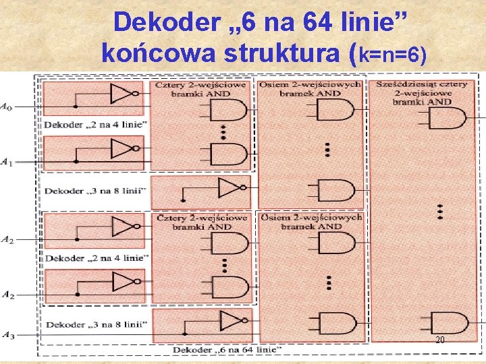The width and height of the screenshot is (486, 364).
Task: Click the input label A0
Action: pos(6,106)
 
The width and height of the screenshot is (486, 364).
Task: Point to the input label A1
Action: pos(6,161)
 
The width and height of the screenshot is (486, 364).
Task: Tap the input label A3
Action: pos(7,335)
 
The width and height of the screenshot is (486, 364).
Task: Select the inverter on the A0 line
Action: pos(126,94)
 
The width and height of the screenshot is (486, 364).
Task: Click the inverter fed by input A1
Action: pos(126,148)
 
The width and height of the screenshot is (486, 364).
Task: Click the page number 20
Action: pos(439,340)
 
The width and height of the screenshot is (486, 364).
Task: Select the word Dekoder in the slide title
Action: pos(166,22)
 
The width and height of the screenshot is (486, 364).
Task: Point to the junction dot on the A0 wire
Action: pos(76,107)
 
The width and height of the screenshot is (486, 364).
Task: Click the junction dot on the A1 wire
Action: pos(76,162)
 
